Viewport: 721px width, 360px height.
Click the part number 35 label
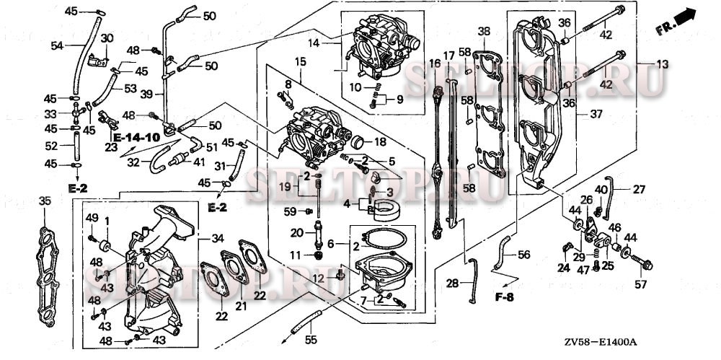45,201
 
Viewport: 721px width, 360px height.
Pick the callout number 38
483,31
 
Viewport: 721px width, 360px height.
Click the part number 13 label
661,64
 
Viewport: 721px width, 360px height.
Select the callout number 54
57,45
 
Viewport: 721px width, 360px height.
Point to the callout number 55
310,338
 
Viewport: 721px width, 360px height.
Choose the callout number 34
217,238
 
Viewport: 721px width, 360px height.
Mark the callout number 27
639,190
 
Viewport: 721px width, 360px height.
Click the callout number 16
434,63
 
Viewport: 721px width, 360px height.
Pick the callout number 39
146,94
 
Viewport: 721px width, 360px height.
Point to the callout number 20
297,232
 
